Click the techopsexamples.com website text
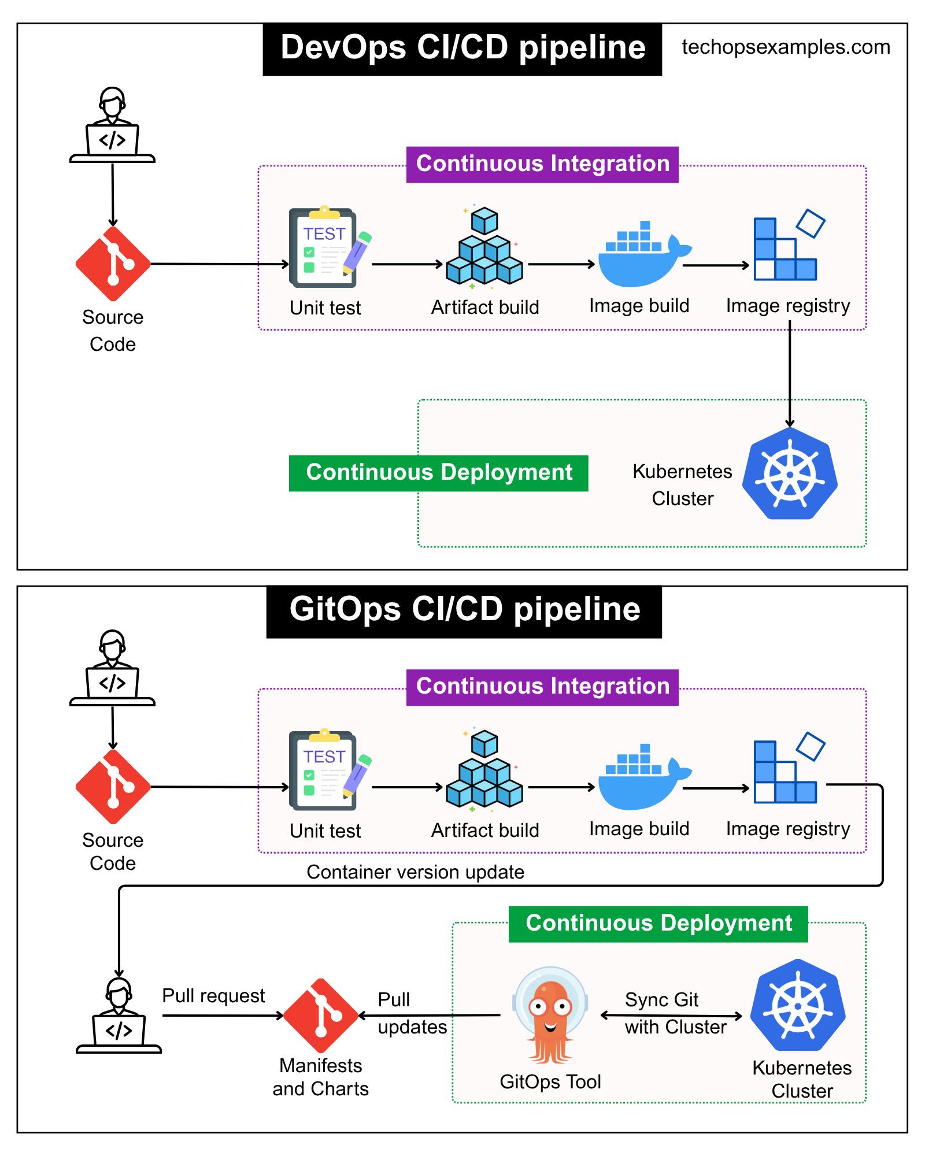pos(786,47)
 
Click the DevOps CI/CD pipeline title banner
pos(462,49)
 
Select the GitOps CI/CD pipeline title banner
pos(464,612)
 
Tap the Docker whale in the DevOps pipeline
pos(644,254)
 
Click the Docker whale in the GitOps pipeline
pos(644,776)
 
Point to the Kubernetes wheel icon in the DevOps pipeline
pos(790,473)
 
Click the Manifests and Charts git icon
pos(321,1016)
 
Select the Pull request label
pos(213,995)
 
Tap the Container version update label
pos(415,872)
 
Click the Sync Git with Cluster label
pos(675,1013)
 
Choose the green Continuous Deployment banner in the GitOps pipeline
pos(658,924)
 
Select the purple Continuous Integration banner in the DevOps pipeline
pos(542,165)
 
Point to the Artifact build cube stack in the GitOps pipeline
pos(484,768)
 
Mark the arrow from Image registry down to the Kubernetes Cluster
pos(790,374)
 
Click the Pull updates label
pos(412,1013)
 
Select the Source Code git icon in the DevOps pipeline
pos(113,264)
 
